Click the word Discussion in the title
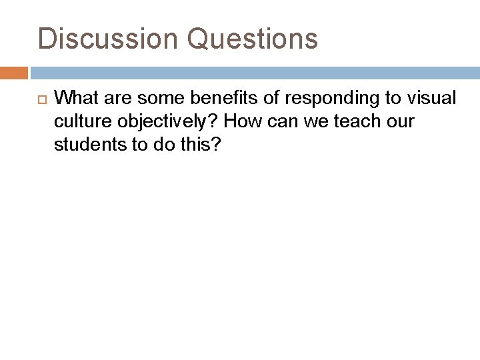pyautogui.click(x=107, y=38)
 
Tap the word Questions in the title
pyautogui.click(x=253, y=38)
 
